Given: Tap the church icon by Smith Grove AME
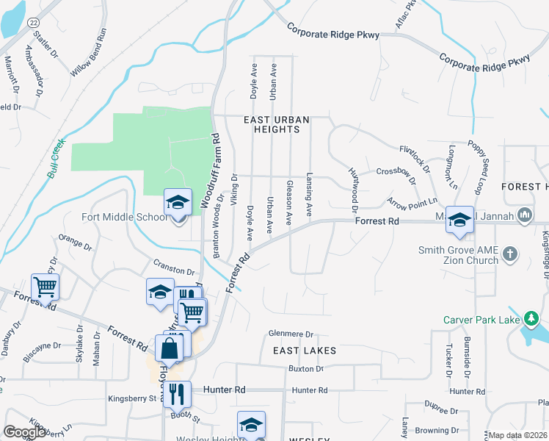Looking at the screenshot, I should (510, 255).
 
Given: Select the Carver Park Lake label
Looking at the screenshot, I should (480, 320).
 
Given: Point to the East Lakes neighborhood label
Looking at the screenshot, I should (305, 351).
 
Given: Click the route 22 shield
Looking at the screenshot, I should (33, 24).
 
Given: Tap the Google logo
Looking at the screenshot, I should (24, 432).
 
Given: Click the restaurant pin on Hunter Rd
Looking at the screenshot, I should (178, 395).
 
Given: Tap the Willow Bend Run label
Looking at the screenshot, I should (89, 53).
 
